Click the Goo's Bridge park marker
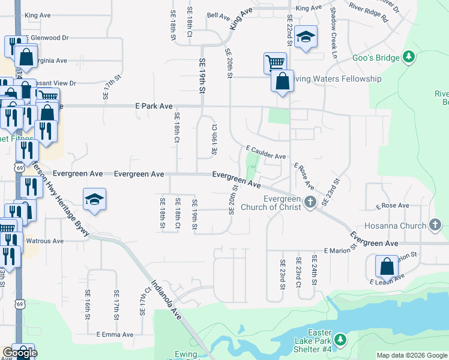click(x=409, y=57)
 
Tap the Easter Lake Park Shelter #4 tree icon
click(x=340, y=340)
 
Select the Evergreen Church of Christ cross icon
click(x=310, y=202)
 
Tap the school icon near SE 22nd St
click(x=306, y=37)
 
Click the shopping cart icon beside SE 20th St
click(x=274, y=62)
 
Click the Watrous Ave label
click(x=45, y=241)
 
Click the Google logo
click(x=20, y=353)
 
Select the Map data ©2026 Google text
click(x=412, y=355)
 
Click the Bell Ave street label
click(x=218, y=15)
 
